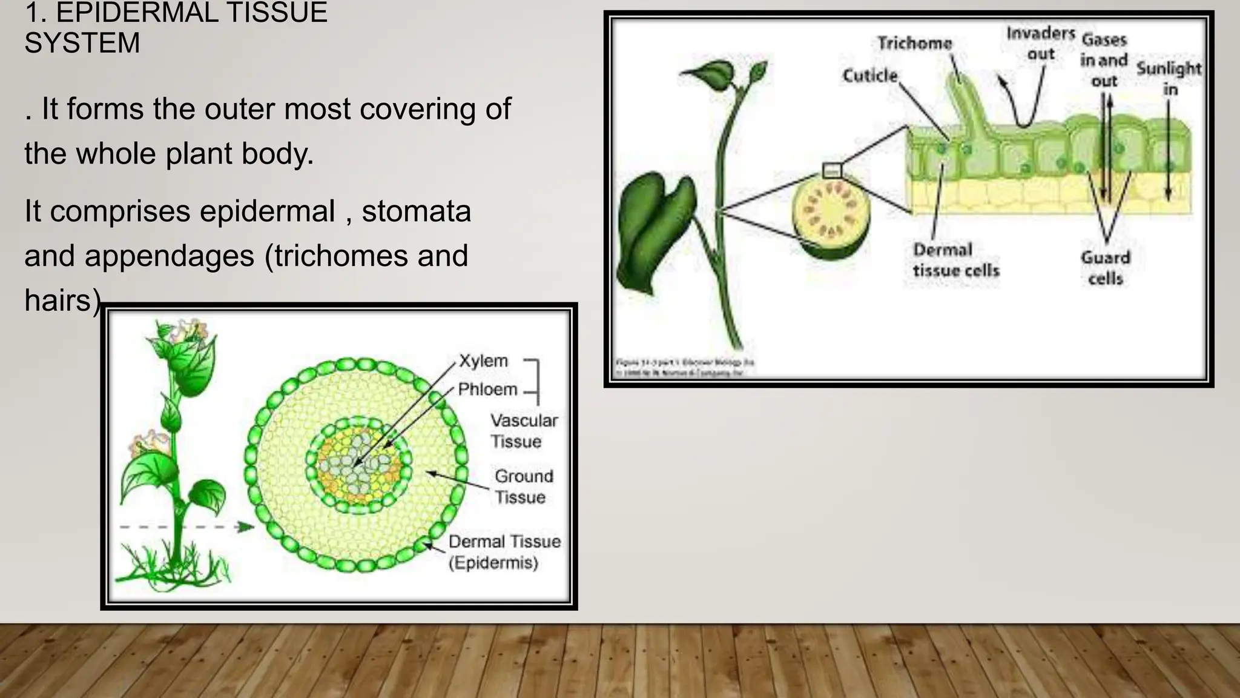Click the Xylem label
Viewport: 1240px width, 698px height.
click(x=483, y=361)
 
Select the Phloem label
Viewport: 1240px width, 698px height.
click(x=487, y=389)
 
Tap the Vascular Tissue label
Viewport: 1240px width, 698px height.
click(x=524, y=431)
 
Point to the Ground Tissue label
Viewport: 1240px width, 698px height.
click(x=523, y=487)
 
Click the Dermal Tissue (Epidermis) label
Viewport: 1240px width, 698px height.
click(x=504, y=552)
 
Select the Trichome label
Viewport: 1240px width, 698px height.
click(x=914, y=43)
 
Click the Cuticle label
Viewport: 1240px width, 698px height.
click(x=869, y=76)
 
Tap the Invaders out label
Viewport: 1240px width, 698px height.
click(x=1040, y=43)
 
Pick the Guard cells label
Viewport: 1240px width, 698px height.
click(x=1105, y=268)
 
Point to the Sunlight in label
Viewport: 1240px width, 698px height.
click(x=1169, y=78)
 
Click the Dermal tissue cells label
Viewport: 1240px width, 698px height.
click(x=955, y=260)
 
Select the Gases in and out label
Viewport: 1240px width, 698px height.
click(x=1104, y=60)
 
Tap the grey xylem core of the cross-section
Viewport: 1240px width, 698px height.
click(x=357, y=464)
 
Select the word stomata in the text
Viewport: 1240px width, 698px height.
click(x=416, y=211)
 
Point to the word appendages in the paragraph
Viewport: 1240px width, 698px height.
click(x=169, y=256)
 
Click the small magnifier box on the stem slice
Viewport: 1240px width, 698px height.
click(x=832, y=170)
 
